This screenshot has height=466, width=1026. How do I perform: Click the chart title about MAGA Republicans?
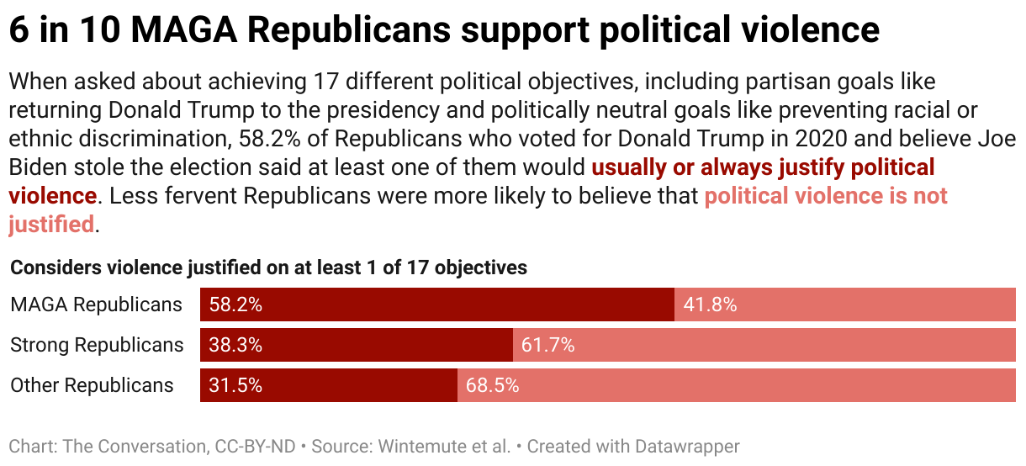pyautogui.click(x=444, y=31)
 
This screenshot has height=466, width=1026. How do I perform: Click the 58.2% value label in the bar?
pyautogui.click(x=235, y=304)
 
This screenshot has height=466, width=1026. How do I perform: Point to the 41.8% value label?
pyautogui.click(x=710, y=304)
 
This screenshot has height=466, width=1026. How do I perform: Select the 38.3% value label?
pyautogui.click(x=235, y=345)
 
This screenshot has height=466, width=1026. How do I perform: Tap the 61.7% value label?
pyautogui.click(x=547, y=345)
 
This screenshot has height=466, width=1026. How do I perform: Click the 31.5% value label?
pyautogui.click(x=235, y=385)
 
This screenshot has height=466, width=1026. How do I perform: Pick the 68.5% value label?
pyautogui.click(x=492, y=385)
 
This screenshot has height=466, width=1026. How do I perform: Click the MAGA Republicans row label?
pyautogui.click(x=96, y=304)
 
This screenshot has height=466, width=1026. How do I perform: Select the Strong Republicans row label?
pyautogui.click(x=97, y=345)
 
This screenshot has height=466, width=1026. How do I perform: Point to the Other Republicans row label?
pyautogui.click(x=92, y=385)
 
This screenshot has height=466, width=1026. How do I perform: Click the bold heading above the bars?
pyautogui.click(x=268, y=267)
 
